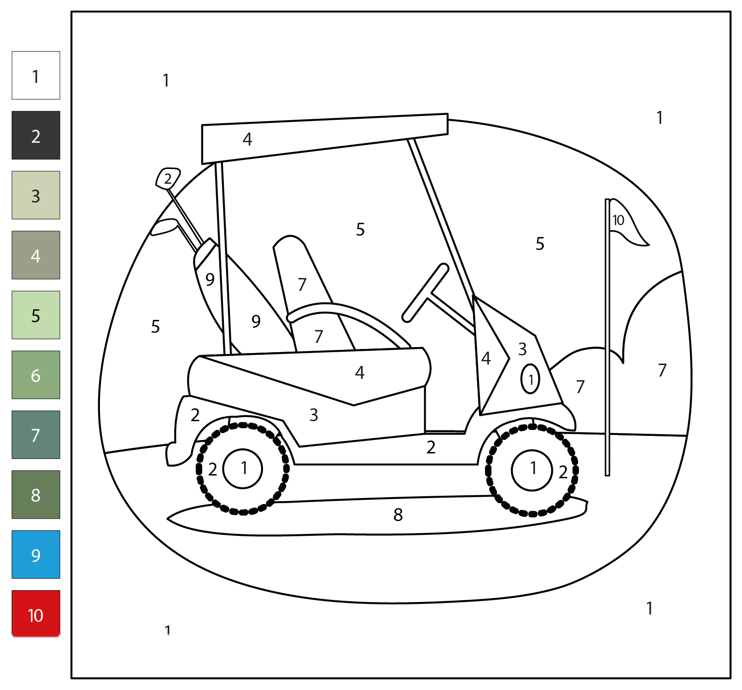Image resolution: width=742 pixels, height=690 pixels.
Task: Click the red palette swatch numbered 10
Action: click(36, 614)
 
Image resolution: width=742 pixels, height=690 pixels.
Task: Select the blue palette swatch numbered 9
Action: click(36, 554)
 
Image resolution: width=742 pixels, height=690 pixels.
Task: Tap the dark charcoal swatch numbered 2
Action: click(36, 135)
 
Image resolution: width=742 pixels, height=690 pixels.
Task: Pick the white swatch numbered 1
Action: click(36, 75)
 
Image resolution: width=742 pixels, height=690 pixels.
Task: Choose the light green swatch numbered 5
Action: click(36, 315)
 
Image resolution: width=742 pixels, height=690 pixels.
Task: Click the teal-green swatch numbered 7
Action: click(36, 435)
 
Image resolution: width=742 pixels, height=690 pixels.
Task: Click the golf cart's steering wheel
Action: click(424, 293)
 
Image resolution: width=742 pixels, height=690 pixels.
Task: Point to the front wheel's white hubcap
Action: click(532, 470)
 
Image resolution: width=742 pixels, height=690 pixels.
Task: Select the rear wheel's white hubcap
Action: click(243, 469)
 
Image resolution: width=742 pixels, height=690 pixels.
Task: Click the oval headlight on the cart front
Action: click(530, 379)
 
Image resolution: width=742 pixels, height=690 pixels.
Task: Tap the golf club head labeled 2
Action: click(168, 179)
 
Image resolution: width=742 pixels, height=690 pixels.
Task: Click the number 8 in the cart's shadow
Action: click(398, 515)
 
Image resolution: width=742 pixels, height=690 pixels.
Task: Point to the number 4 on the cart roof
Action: click(247, 139)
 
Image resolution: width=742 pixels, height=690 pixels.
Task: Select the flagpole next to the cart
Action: click(608, 337)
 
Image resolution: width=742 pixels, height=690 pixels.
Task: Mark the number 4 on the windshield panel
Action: click(486, 358)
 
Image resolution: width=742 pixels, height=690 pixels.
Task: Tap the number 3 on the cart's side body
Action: click(314, 415)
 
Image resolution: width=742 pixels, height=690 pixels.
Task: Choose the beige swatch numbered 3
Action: click(36, 195)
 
